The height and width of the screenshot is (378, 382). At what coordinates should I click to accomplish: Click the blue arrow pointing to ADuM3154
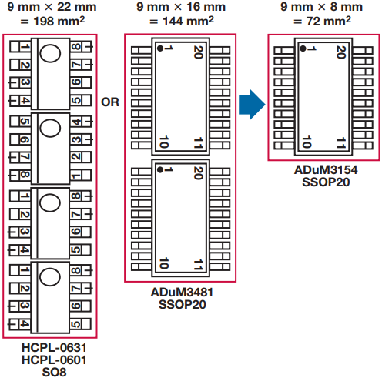tap(252, 105)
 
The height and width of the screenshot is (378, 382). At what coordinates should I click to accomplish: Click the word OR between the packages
tap(110, 102)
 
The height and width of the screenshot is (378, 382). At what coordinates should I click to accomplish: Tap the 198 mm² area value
tap(59, 21)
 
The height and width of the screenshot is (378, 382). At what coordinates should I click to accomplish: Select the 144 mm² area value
tap(188, 21)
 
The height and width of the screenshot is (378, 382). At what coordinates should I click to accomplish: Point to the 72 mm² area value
tap(329, 21)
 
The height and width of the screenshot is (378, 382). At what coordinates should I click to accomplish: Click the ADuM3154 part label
tap(326, 170)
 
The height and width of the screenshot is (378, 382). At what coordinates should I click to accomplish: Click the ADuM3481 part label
tap(182, 293)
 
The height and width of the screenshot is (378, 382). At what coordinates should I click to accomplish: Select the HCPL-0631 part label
tap(54, 348)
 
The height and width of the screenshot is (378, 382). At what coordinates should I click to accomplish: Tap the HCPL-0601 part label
tap(54, 360)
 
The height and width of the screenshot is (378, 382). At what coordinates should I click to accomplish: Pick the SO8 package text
tap(54, 372)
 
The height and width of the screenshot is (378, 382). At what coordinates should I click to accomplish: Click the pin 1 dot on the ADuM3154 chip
tap(303, 49)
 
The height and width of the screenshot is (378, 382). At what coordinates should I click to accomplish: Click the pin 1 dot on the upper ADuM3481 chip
tap(160, 49)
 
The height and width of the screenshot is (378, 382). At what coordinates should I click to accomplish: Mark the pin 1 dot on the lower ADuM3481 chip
tap(160, 169)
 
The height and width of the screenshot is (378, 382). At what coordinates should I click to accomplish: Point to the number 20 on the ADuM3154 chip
tap(341, 52)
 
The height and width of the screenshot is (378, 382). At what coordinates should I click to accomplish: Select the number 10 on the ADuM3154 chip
tap(307, 142)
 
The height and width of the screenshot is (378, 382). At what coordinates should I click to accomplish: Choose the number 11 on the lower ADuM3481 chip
tap(198, 265)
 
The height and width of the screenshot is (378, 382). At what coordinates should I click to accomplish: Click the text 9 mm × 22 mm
tap(52, 7)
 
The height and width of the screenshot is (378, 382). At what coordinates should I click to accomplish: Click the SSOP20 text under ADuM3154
tap(326, 182)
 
